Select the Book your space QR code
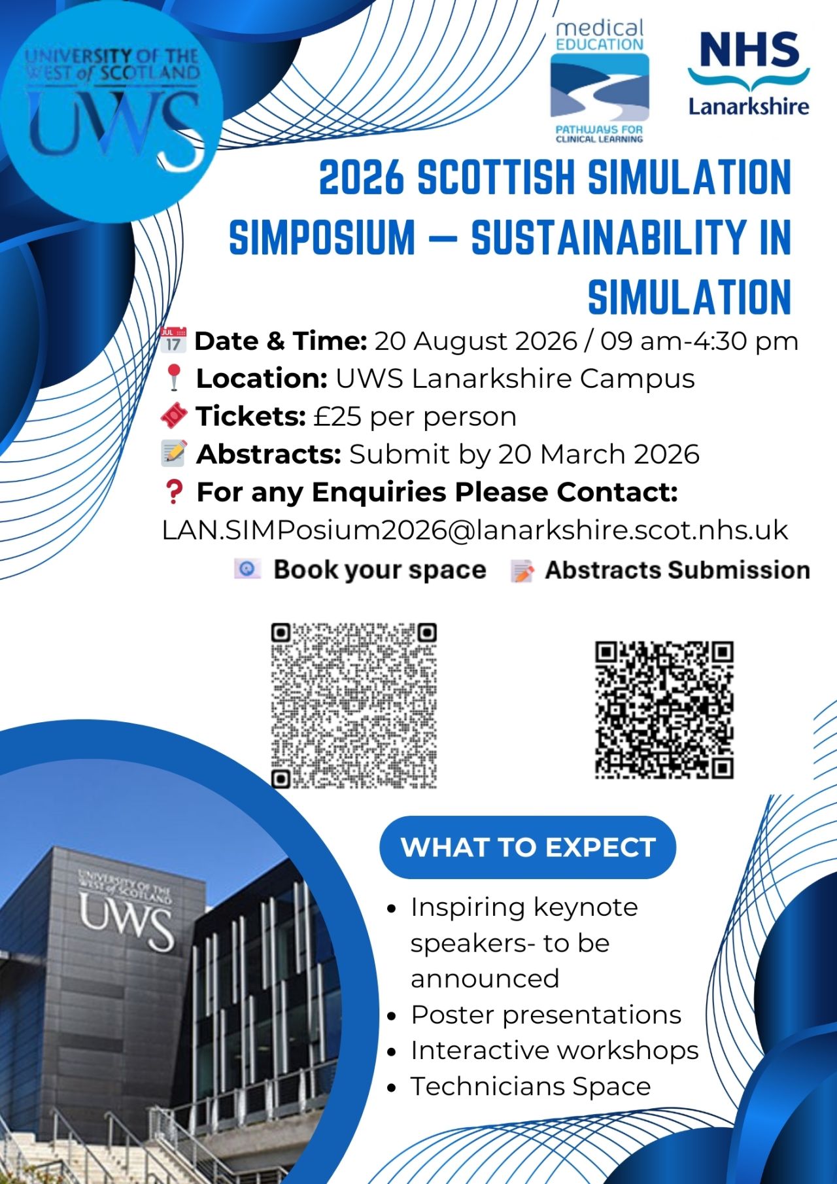[354, 705]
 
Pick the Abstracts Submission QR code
[664, 710]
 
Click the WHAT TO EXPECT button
[528, 847]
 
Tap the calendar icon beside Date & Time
[173, 340]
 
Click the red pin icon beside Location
[173, 378]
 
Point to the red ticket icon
[174, 415]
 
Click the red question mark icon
[174, 492]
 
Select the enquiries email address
[475, 530]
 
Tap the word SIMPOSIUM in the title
[322, 237]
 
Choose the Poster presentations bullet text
[546, 1015]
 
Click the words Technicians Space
[530, 1086]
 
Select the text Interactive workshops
[555, 1050]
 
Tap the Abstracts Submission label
[677, 570]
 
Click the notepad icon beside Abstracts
[174, 453]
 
